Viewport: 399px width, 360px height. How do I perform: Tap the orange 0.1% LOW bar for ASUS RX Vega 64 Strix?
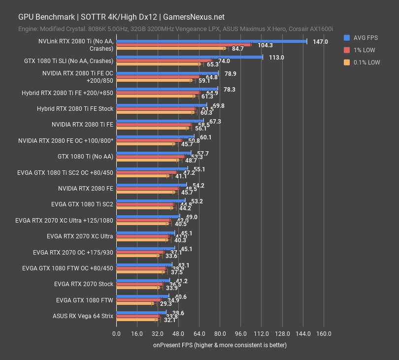(136, 320)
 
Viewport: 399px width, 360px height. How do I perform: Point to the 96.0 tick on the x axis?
(240, 334)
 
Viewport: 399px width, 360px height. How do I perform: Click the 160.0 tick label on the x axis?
(323, 334)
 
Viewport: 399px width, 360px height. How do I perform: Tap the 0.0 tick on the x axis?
(116, 334)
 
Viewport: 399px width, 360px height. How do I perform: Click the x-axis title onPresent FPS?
(220, 345)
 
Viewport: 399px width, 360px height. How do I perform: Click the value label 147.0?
(320, 42)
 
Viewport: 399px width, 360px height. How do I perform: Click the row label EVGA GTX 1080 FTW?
(85, 300)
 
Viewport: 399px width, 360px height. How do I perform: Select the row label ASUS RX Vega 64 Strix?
(82, 316)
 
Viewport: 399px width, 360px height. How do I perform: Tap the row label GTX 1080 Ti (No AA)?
(85, 157)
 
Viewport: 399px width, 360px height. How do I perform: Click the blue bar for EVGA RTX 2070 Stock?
(143, 280)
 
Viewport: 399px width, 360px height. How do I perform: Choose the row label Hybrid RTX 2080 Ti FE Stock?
(75, 109)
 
